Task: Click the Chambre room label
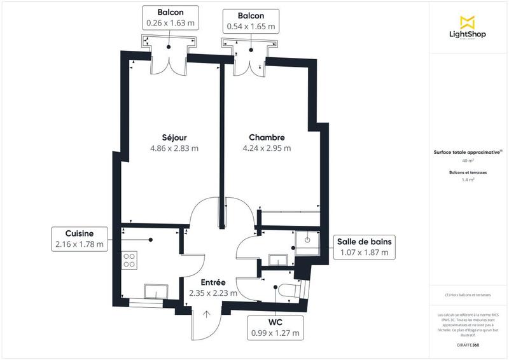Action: click(x=267, y=137)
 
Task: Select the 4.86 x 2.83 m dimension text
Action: click(x=174, y=149)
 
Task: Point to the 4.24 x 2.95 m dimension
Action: click(x=267, y=149)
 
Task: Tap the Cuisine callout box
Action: click(x=80, y=238)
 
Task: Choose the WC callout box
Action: click(x=275, y=328)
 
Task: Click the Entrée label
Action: click(x=213, y=282)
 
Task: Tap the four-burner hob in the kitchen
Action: click(x=129, y=260)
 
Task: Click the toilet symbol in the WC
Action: click(x=287, y=290)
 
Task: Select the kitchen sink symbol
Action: click(x=155, y=291)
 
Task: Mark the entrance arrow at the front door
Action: click(x=207, y=313)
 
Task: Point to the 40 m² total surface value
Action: click(x=468, y=162)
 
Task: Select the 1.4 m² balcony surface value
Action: click(x=468, y=180)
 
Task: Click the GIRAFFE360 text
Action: click(x=468, y=343)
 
